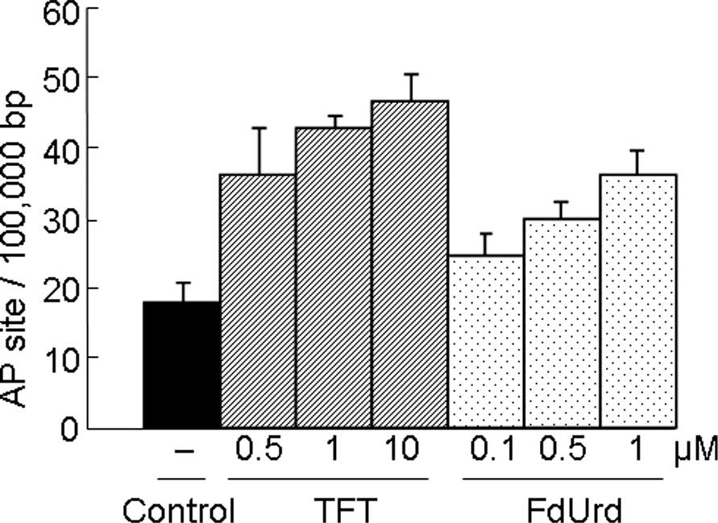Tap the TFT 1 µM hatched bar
pos(334,277)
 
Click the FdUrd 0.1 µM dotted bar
pos(486,342)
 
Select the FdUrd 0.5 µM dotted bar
pos(562,322)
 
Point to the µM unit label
pos(697,450)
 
